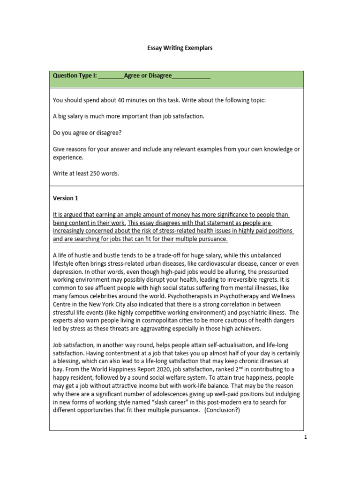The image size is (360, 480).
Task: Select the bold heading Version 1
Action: tap(66, 198)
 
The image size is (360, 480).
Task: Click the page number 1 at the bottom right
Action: tap(305, 437)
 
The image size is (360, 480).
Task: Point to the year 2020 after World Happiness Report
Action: tap(154, 369)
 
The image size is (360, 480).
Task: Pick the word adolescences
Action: tap(155, 394)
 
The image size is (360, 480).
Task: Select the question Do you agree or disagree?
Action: tap(87, 133)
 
